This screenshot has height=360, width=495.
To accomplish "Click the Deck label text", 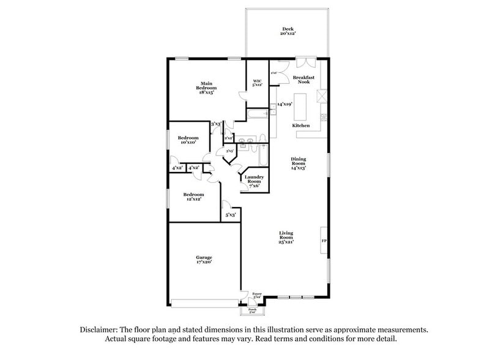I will (288, 31).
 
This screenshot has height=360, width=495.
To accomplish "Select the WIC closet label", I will (258, 83).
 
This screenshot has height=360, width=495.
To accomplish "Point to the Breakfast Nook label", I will (303, 80).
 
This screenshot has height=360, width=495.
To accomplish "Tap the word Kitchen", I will (300, 125).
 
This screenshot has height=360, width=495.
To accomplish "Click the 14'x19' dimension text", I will (285, 105).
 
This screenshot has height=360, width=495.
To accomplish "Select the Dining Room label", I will (298, 163).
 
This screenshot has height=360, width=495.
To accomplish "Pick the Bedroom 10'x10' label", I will (188, 140).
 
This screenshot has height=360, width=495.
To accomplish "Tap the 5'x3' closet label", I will (231, 216).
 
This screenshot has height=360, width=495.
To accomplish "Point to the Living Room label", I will (286, 238).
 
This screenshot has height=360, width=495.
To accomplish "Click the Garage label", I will (204, 260).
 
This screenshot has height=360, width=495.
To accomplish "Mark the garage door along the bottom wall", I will (206, 302).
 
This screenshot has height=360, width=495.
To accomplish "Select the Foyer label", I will (257, 296).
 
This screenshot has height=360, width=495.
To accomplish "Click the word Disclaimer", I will (102, 329).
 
